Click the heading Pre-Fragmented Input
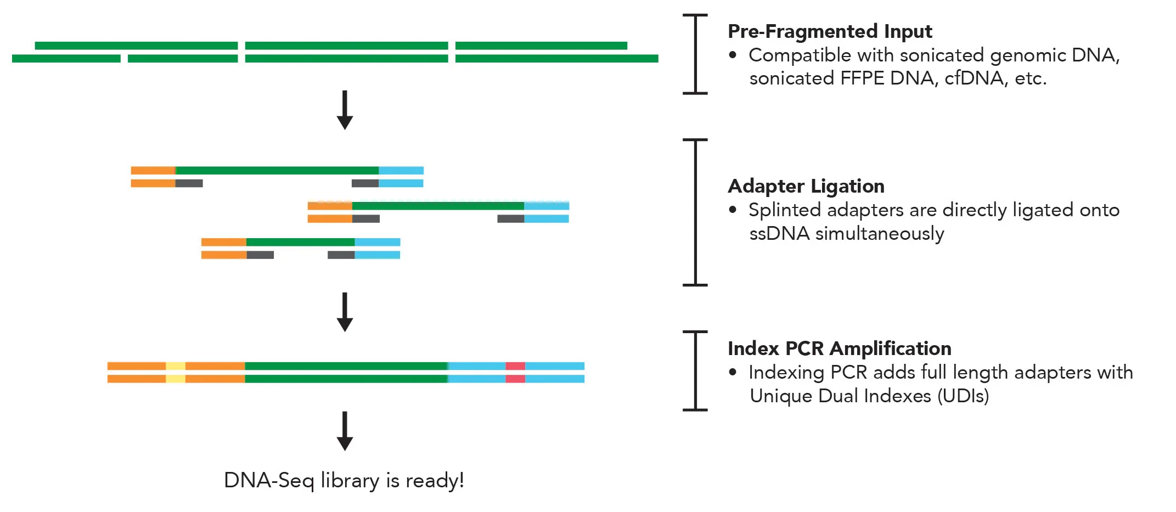(829, 32)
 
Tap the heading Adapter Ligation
(806, 187)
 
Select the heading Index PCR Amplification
(839, 349)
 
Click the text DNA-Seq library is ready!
(344, 481)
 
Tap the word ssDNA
(779, 234)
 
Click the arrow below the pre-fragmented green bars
(345, 110)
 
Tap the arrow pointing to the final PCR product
(345, 312)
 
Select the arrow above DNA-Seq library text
(345, 431)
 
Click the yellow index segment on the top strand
(176, 366)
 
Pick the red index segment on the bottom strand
(515, 379)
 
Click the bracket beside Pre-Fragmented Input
(695, 54)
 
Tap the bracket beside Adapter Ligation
(695, 212)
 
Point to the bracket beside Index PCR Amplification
(695, 370)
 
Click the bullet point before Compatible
(733, 55)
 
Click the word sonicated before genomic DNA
(942, 55)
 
